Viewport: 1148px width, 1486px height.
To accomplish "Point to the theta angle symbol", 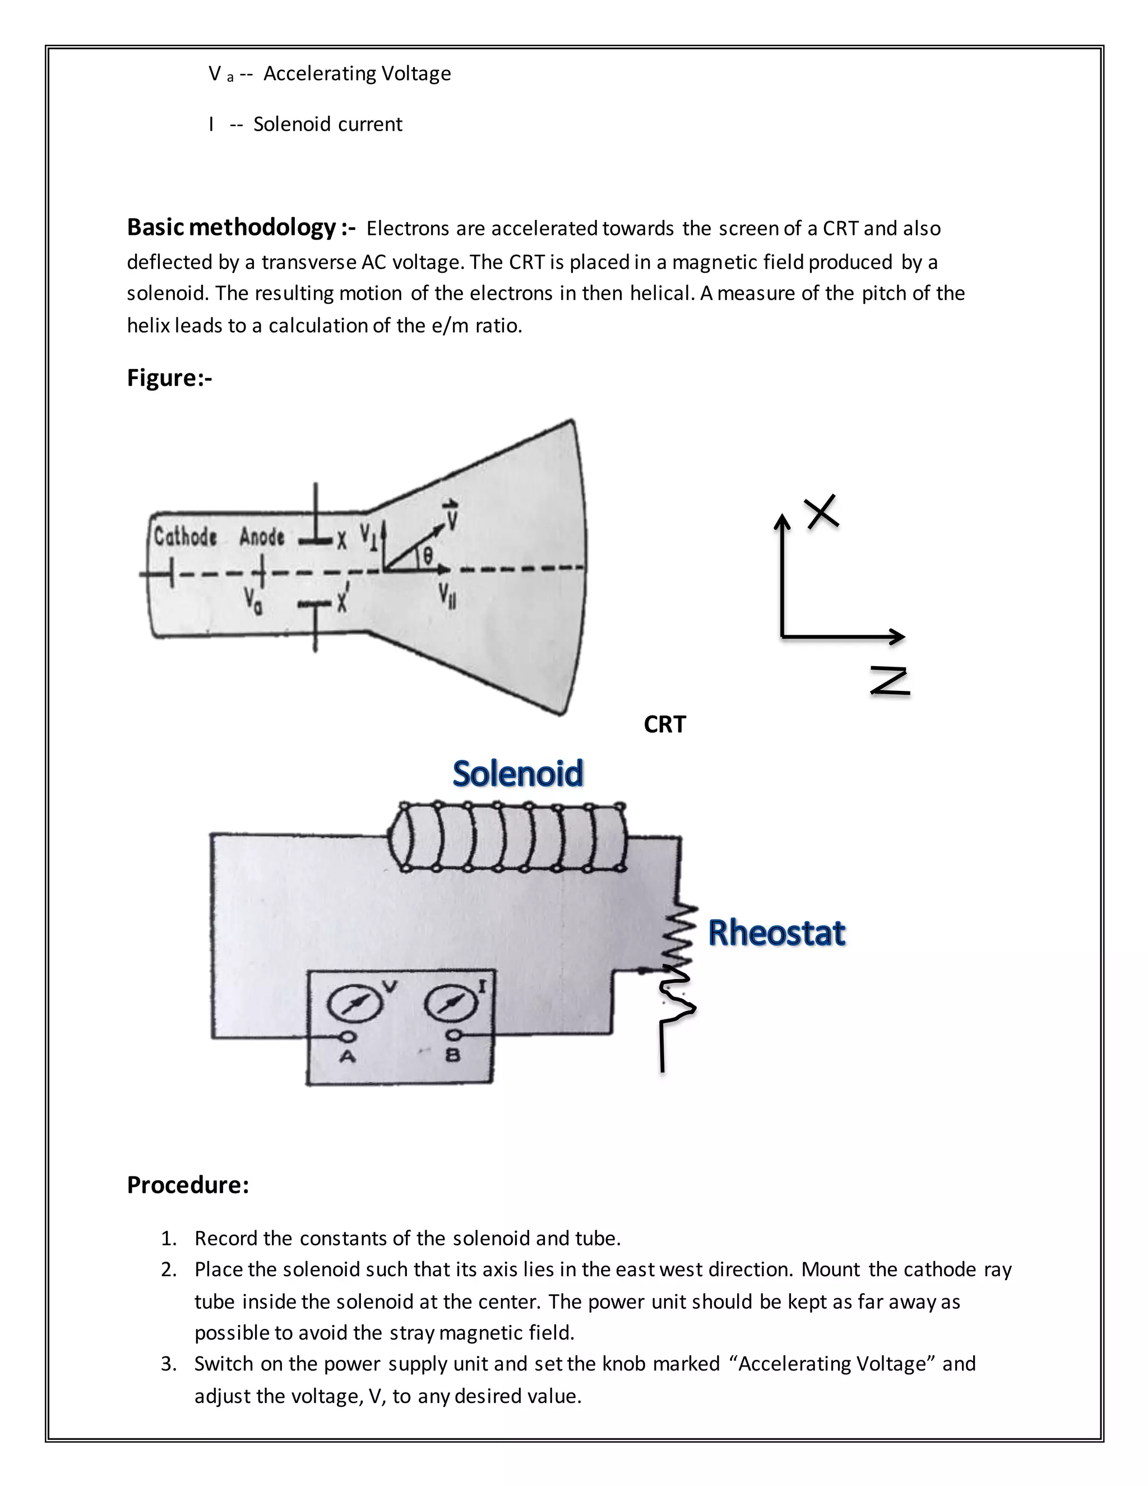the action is [x=427, y=555].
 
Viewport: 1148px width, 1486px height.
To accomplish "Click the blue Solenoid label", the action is [x=517, y=774].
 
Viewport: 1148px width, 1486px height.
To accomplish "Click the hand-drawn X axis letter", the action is [x=822, y=511].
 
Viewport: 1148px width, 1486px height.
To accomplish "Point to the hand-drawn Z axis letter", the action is [x=890, y=681].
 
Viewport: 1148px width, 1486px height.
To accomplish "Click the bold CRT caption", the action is [x=664, y=724].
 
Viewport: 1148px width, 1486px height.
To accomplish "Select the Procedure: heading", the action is [x=188, y=1184].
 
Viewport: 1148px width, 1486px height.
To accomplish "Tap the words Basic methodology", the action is [x=232, y=227].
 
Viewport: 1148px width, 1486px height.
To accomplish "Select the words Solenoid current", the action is [x=327, y=124].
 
